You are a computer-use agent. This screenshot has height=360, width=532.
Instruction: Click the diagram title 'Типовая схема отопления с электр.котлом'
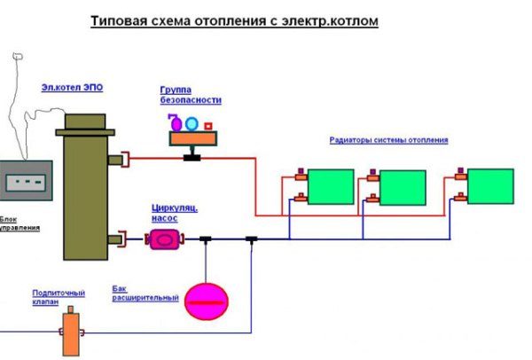point(234,20)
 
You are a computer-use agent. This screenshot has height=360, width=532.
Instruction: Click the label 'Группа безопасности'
point(190,96)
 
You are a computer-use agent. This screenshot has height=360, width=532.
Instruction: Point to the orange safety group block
point(195,138)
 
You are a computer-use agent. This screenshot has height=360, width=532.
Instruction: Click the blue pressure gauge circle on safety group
point(192,123)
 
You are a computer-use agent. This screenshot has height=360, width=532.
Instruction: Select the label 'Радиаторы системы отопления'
point(388,140)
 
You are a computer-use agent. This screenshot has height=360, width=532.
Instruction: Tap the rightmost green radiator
point(490,186)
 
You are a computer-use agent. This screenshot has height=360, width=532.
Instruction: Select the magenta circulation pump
point(165,239)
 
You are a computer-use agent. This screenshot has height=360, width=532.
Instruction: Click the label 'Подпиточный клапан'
point(58,297)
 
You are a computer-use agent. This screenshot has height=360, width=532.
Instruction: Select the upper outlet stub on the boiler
point(115,160)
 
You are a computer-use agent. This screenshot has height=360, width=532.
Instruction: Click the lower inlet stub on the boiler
point(115,239)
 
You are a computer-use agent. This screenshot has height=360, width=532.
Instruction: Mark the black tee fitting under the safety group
point(191,158)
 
